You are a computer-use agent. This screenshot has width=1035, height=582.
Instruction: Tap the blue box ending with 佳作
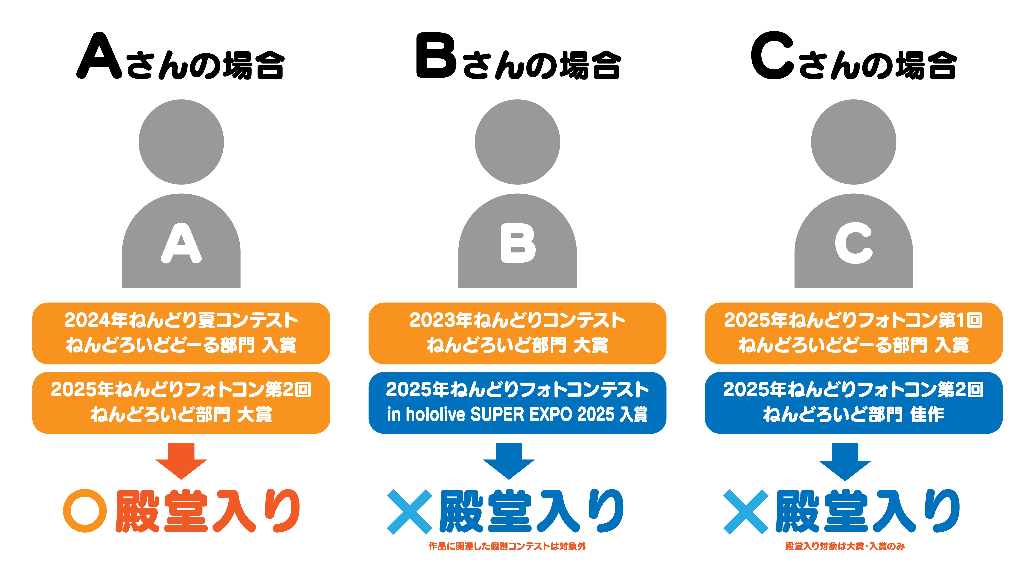(853, 403)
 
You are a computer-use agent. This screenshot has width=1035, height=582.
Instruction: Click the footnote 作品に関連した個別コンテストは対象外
(507, 546)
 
